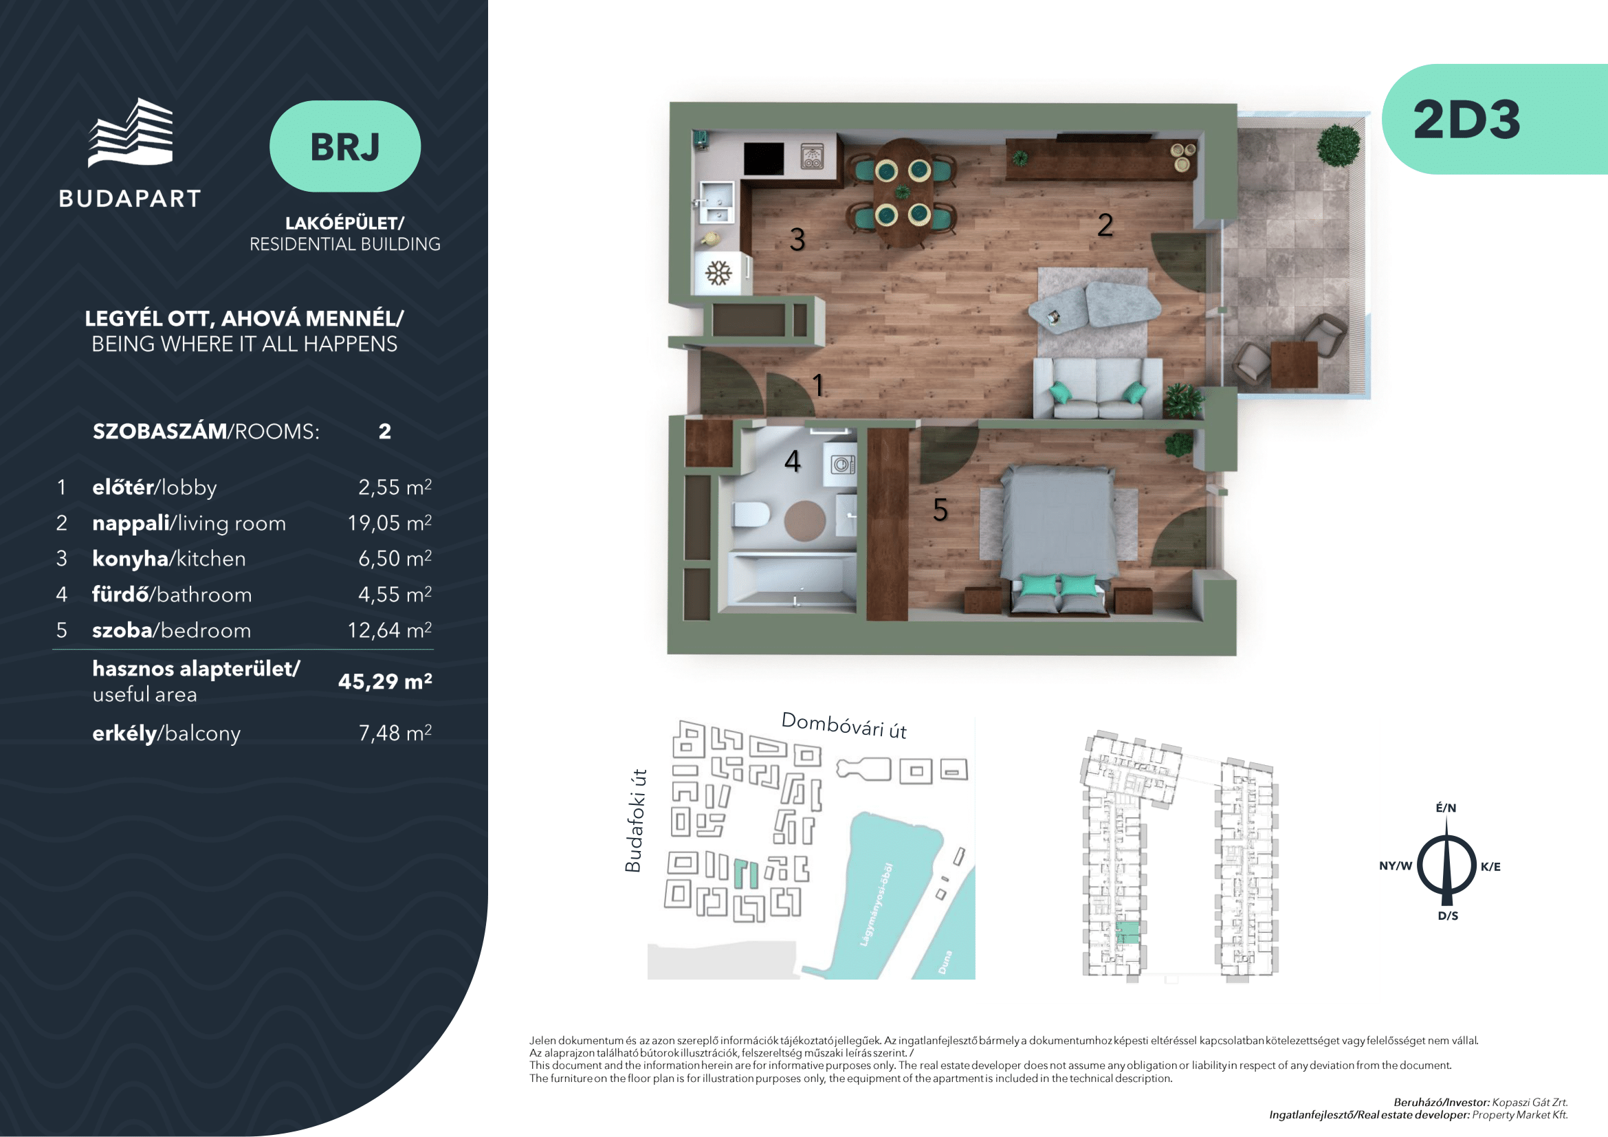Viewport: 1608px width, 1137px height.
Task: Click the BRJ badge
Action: (344, 146)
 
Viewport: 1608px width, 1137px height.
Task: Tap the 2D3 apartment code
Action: (1466, 120)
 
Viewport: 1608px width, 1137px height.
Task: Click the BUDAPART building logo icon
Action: (130, 133)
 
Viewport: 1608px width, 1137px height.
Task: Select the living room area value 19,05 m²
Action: (389, 522)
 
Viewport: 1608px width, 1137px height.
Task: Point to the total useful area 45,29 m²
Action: (385, 681)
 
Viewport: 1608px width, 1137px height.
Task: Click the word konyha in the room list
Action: (130, 559)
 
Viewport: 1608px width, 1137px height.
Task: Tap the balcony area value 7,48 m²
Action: (395, 733)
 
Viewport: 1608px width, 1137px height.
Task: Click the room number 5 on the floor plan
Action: (940, 509)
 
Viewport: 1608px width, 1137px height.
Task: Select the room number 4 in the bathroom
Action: (792, 461)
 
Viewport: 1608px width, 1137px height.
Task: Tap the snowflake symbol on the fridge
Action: (718, 272)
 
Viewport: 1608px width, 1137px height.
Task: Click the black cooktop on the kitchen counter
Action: (763, 159)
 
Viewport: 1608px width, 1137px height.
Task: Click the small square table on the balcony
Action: (1295, 364)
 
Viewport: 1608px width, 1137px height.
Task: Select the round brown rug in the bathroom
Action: (805, 521)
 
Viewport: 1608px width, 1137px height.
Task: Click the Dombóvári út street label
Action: (844, 725)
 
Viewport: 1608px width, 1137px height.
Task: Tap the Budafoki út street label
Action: (634, 821)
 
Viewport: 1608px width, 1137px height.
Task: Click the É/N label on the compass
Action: (1446, 808)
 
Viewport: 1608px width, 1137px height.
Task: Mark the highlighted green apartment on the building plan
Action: (1127, 932)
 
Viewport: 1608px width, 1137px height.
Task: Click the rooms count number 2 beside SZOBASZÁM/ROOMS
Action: (384, 431)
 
